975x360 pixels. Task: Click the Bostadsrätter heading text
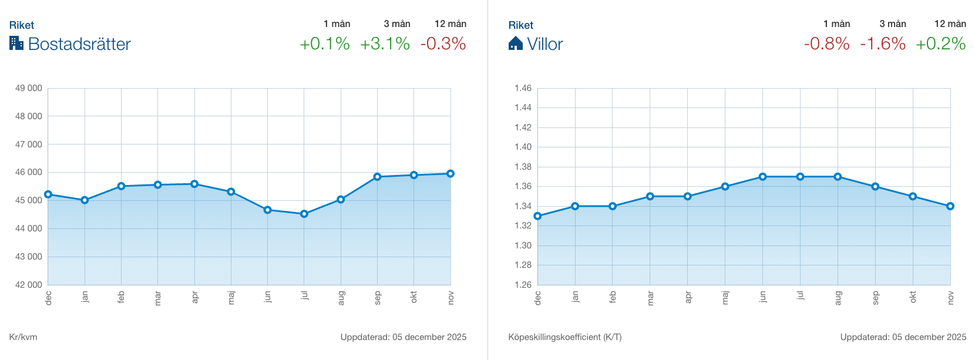(79, 44)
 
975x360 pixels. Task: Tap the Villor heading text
(544, 44)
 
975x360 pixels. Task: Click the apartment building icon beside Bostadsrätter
(16, 43)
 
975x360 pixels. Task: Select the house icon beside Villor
(515, 43)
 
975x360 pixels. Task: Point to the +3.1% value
(385, 43)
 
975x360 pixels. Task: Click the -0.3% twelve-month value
(443, 43)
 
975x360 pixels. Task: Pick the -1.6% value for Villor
(883, 43)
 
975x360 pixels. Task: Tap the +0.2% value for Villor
(940, 43)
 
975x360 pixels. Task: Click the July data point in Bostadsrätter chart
(304, 214)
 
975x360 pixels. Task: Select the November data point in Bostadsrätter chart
(450, 174)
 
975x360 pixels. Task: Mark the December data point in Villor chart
(537, 216)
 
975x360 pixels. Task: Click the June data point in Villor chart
(762, 177)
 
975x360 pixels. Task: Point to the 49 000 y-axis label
(29, 88)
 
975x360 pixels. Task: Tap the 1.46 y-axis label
(523, 88)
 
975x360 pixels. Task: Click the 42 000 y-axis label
(29, 285)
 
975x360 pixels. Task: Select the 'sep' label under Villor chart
(875, 298)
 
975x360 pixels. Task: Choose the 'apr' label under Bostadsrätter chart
(194, 297)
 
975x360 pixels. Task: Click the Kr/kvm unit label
(23, 337)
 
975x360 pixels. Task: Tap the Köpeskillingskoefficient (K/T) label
(565, 337)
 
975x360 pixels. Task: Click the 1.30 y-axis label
(523, 245)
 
